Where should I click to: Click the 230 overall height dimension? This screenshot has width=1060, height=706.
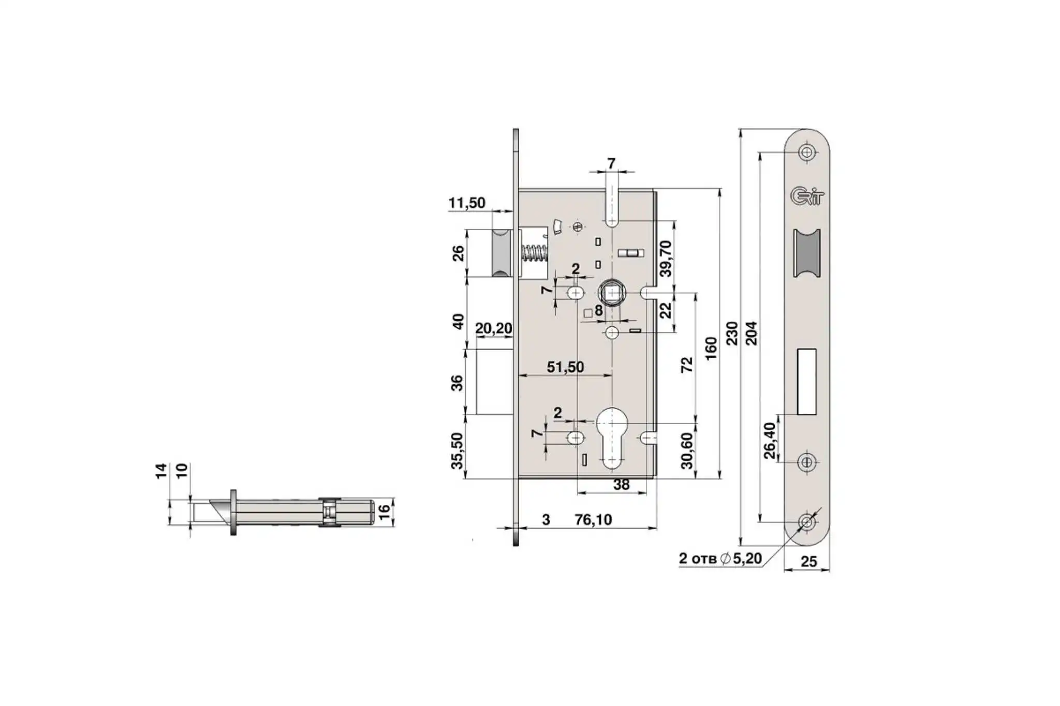click(x=731, y=334)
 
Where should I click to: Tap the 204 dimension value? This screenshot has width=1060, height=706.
click(x=752, y=334)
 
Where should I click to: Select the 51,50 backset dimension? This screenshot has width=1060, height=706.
click(x=565, y=367)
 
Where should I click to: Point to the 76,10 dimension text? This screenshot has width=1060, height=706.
click(x=593, y=519)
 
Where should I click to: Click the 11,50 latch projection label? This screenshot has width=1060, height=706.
click(x=467, y=203)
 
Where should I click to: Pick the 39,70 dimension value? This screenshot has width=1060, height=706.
click(x=666, y=259)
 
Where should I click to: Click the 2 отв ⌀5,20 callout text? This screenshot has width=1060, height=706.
click(x=720, y=559)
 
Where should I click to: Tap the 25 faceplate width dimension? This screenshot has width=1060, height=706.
click(x=808, y=562)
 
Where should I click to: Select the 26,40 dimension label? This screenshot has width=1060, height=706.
click(x=770, y=441)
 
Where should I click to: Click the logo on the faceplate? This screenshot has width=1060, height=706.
click(x=806, y=196)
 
